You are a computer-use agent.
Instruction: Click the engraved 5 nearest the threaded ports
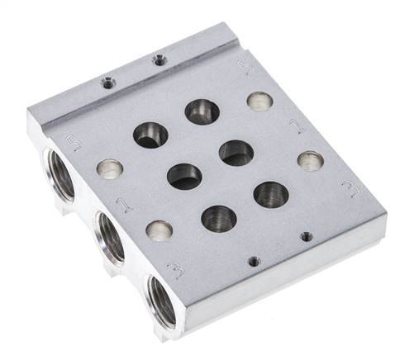click(72, 144)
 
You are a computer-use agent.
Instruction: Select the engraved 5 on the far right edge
click(245, 67)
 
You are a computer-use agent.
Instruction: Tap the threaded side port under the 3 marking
click(162, 302)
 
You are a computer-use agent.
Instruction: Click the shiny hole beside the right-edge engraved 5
click(259, 101)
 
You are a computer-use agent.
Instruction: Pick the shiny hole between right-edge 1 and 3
click(311, 160)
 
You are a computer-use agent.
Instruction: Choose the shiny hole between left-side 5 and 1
click(109, 169)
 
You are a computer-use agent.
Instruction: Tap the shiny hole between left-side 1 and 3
click(160, 230)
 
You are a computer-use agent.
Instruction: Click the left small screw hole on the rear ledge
click(106, 82)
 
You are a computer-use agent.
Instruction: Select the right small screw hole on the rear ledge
click(158, 59)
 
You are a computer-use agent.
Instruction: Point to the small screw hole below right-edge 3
click(307, 236)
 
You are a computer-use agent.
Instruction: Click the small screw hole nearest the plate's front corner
click(254, 261)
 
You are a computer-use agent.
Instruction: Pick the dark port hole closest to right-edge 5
click(202, 111)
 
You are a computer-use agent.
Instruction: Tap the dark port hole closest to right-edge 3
click(271, 194)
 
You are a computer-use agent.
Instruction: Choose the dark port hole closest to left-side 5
click(151, 135)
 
